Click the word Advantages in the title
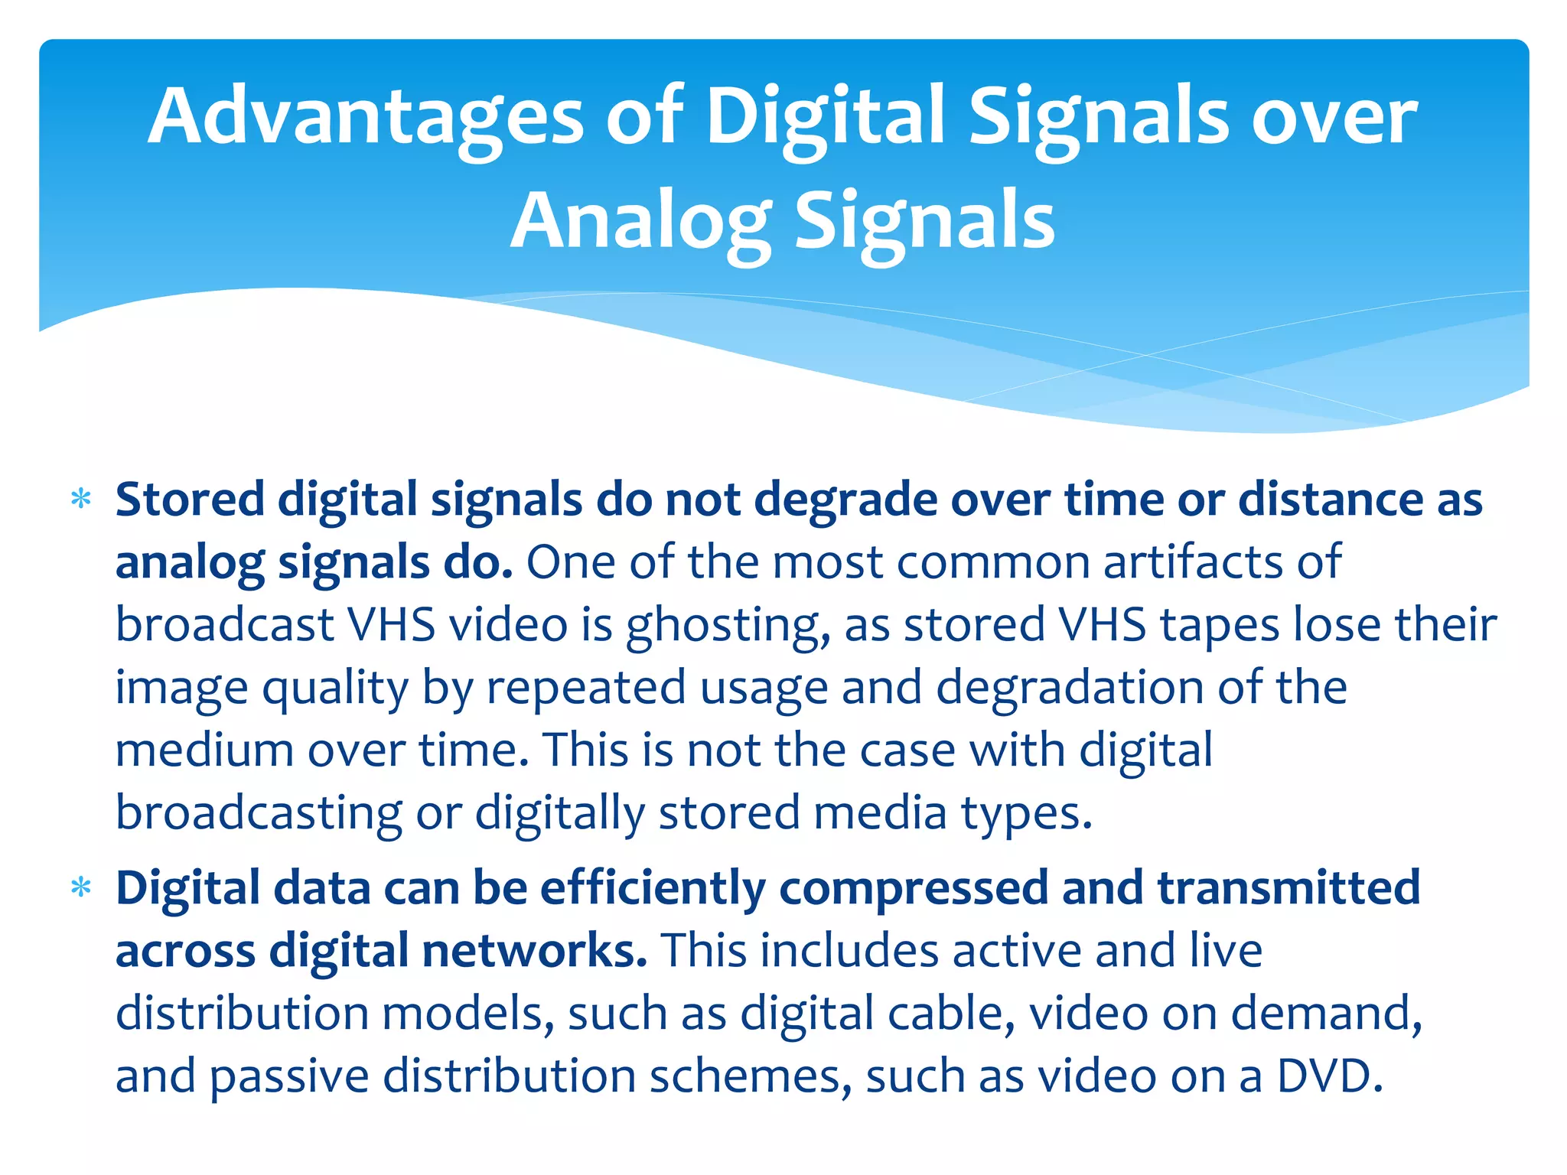pyautogui.click(x=366, y=116)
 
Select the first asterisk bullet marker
pyautogui.click(x=80, y=500)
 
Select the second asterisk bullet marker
pyautogui.click(x=80, y=888)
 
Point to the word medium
pyautogui.click(x=204, y=750)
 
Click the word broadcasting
pyautogui.click(x=259, y=814)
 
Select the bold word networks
pyautogui.click(x=534, y=951)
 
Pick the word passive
pyautogui.click(x=289, y=1078)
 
